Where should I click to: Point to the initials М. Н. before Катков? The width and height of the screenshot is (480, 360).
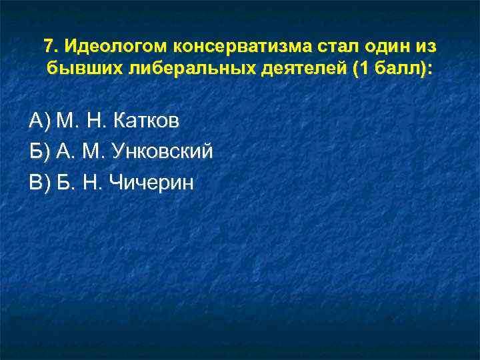coord(81,121)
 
